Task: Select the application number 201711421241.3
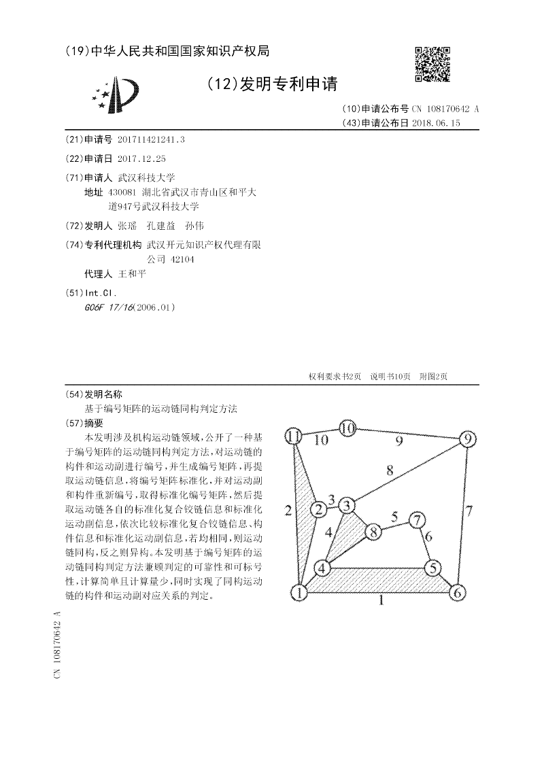point(151,140)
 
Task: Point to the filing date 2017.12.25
point(141,159)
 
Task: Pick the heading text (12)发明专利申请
point(271,84)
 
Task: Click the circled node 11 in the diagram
point(294,435)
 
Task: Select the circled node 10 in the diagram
point(347,428)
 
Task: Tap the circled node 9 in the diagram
point(467,439)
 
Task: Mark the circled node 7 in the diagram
point(416,520)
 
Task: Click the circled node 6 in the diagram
point(458,592)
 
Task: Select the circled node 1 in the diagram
point(299,593)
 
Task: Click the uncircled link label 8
point(390,469)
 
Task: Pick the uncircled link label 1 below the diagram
point(381,601)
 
